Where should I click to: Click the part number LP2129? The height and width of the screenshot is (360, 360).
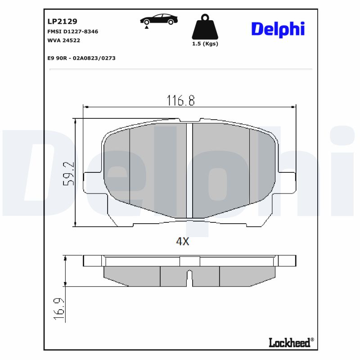pyautogui.click(x=62, y=21)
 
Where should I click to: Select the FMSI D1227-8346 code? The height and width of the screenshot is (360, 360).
pyautogui.click(x=72, y=31)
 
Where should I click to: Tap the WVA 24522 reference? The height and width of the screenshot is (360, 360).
pyautogui.click(x=64, y=40)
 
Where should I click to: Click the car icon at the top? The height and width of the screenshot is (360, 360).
pyautogui.click(x=158, y=19)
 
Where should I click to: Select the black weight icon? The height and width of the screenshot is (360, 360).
pyautogui.click(x=205, y=27)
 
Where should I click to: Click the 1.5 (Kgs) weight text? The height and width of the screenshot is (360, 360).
pyautogui.click(x=205, y=44)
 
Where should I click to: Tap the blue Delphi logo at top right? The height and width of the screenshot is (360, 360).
pyautogui.click(x=278, y=29)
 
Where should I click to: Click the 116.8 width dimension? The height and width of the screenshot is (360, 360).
pyautogui.click(x=181, y=100)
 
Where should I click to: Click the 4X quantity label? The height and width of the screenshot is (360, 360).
pyautogui.click(x=182, y=242)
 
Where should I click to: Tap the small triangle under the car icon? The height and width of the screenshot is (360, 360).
pyautogui.click(x=147, y=27)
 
